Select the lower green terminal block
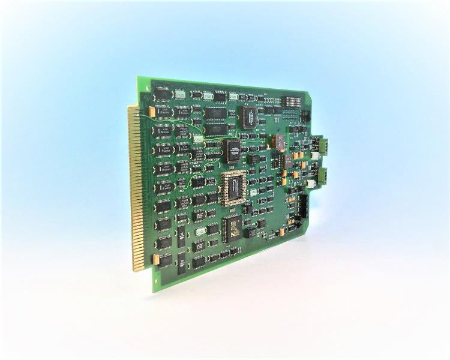[322, 175]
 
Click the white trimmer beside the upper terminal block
[315, 155]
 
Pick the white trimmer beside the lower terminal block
[311, 184]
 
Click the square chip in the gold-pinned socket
[234, 187]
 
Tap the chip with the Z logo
[232, 228]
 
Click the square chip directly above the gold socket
[235, 151]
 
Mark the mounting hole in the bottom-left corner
[158, 282]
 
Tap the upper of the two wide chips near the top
[215, 114]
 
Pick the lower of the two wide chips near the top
[215, 128]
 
